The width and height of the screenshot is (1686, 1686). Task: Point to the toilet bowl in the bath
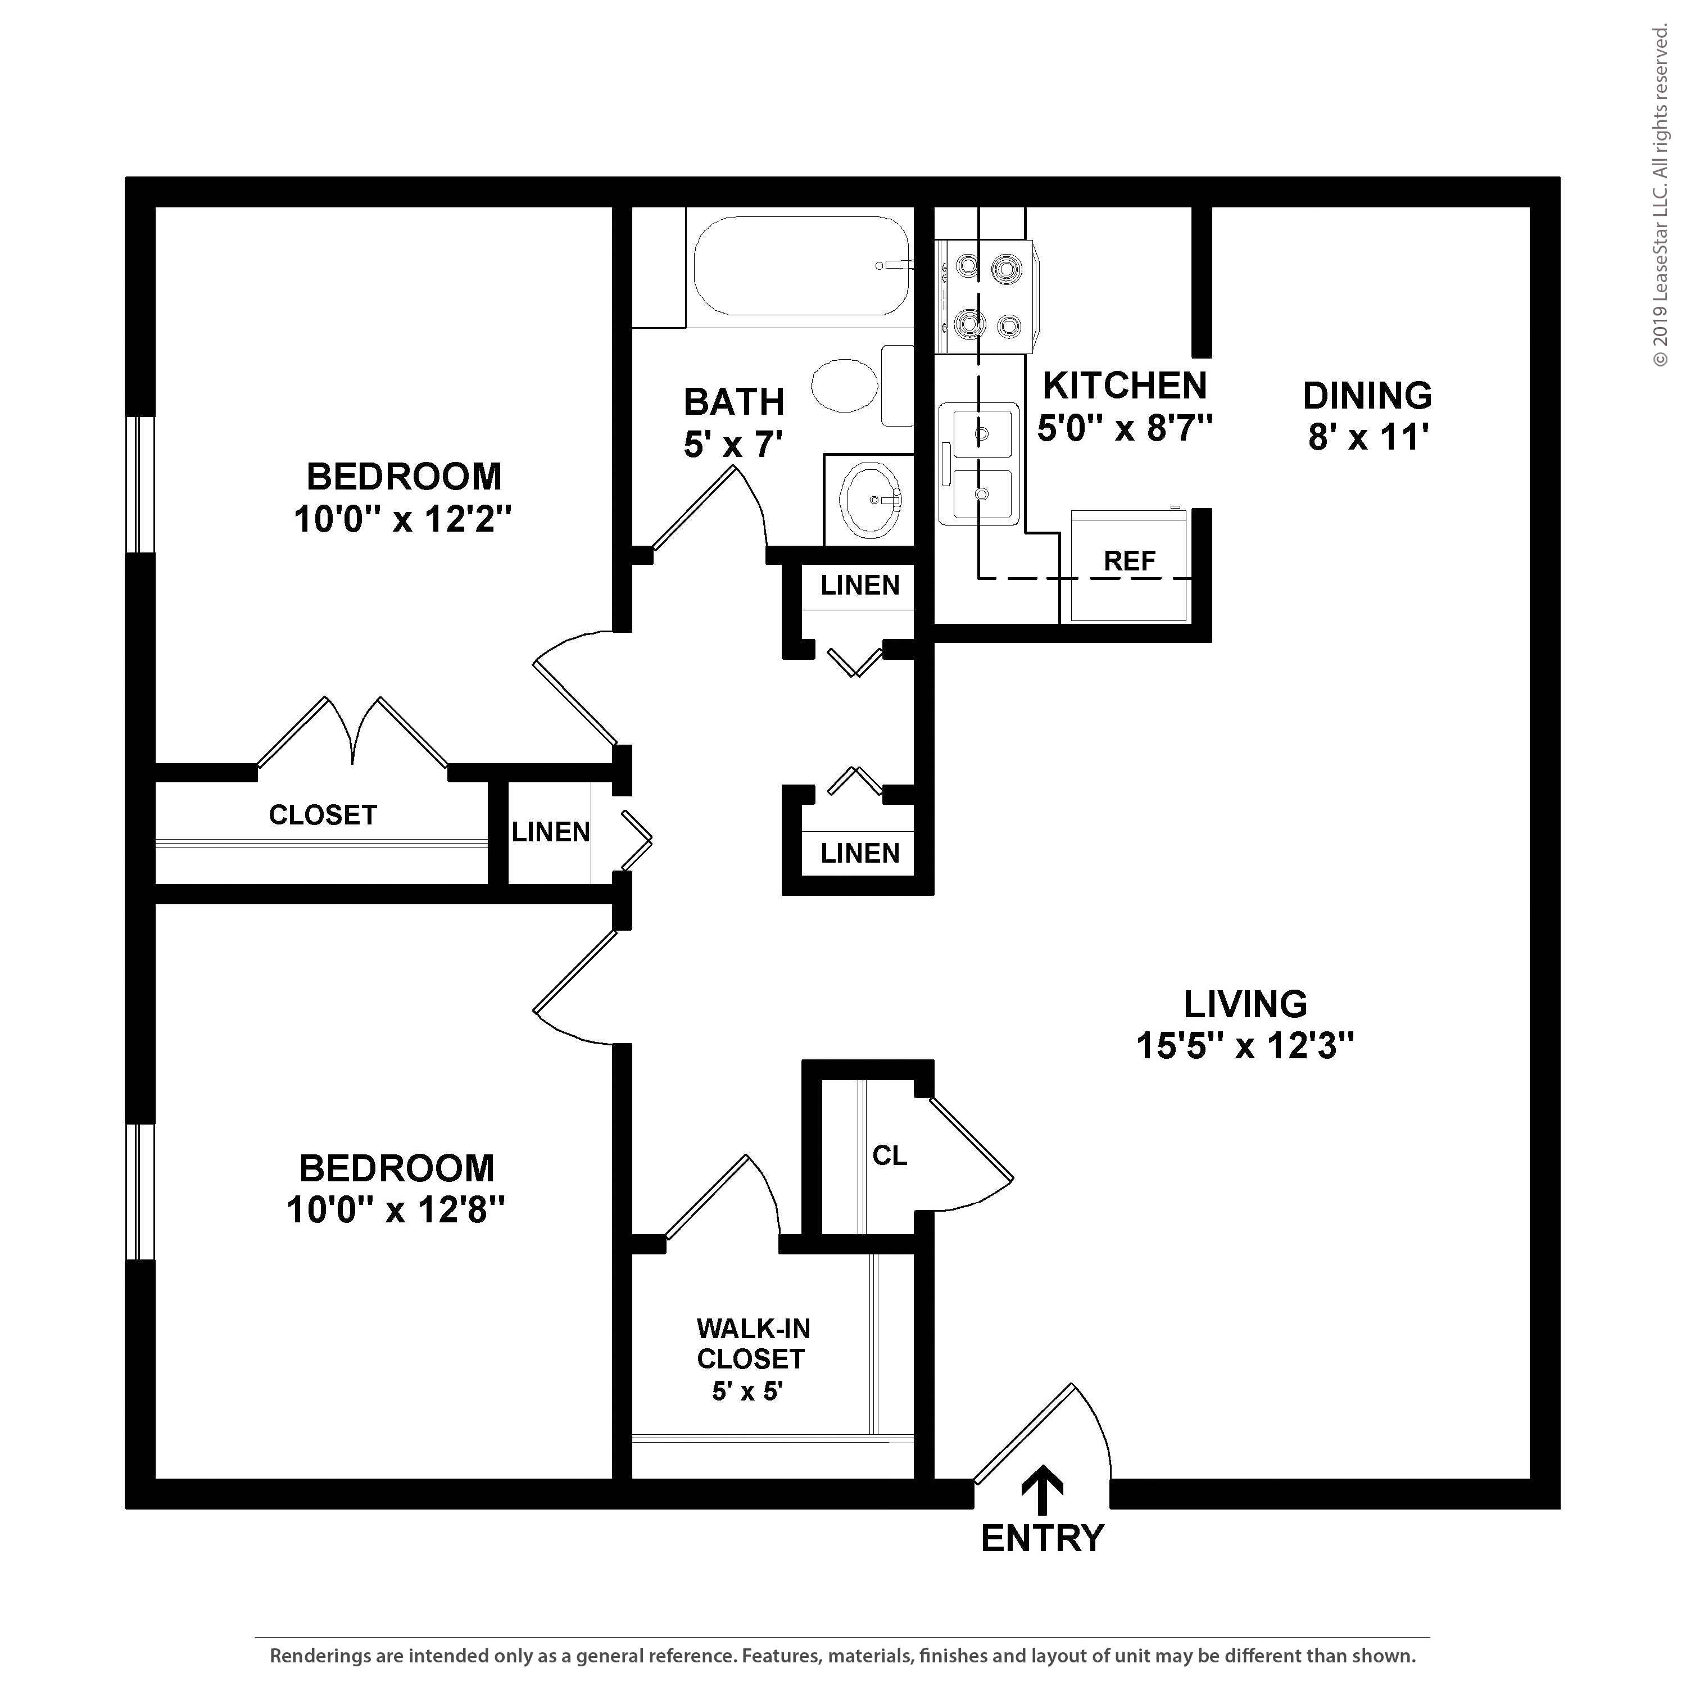coord(845,386)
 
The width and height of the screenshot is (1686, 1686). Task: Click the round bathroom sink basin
coord(869,499)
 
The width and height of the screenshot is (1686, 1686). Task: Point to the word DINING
coord(1367,396)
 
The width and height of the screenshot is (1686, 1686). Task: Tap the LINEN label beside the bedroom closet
coord(551,832)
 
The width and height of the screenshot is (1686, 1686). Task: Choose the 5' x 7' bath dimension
coord(733,445)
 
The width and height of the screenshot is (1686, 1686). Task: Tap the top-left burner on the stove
coord(967,265)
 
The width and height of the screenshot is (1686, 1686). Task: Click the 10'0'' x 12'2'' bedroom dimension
coord(402,520)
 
